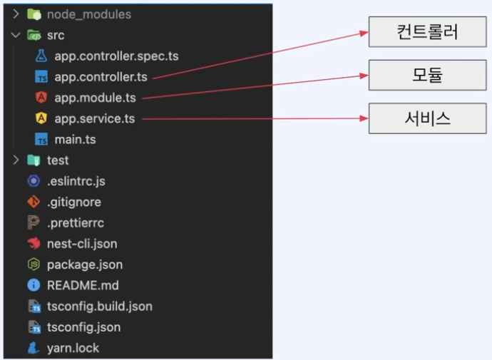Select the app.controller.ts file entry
coord(101,76)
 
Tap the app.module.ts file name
coord(95,97)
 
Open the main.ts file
coord(75,139)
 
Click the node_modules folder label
coord(89,14)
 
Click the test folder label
coord(58,160)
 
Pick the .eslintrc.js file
coord(76,181)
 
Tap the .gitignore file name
coord(74,202)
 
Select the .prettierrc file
coord(76,222)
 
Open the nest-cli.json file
coord(82,243)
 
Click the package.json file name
coord(85,264)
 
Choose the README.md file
coord(83,285)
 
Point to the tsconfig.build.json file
coord(100,307)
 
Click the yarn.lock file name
coord(73,348)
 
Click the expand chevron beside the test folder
coord(16,160)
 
